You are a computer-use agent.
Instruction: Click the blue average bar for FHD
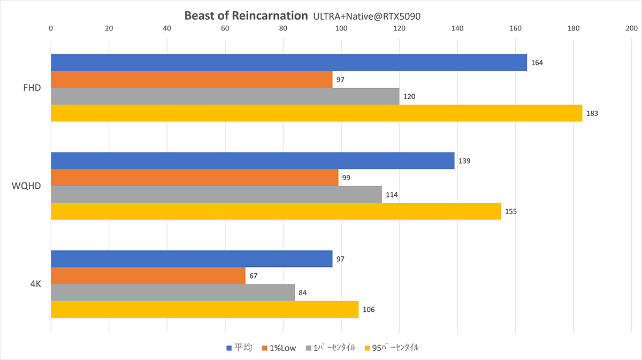pos(289,63)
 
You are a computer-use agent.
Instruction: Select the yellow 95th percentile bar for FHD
pos(317,113)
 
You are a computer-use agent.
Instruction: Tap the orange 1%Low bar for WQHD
pos(195,178)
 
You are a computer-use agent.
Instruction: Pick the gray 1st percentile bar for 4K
pos(173,293)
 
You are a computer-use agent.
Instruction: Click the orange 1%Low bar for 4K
pos(148,275)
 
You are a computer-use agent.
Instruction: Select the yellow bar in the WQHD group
pos(276,211)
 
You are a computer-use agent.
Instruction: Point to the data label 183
pos(592,113)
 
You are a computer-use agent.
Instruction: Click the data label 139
pos(464,161)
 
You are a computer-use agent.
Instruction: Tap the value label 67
pos(254,276)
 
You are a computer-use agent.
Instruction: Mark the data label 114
pos(392,195)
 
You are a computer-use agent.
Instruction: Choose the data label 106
pos(369,310)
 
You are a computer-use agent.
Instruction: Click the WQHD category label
pos(26,186)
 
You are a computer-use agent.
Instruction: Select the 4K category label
pos(36,284)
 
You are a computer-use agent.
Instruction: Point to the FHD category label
pos(32,88)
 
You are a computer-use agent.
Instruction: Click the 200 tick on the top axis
pos(632,28)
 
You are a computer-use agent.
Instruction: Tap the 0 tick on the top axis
pos(51,28)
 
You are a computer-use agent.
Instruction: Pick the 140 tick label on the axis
pos(457,28)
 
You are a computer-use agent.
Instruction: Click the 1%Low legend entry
pos(279,348)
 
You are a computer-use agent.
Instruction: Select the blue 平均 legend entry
pos(239,348)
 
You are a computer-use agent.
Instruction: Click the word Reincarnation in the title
pos(270,16)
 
